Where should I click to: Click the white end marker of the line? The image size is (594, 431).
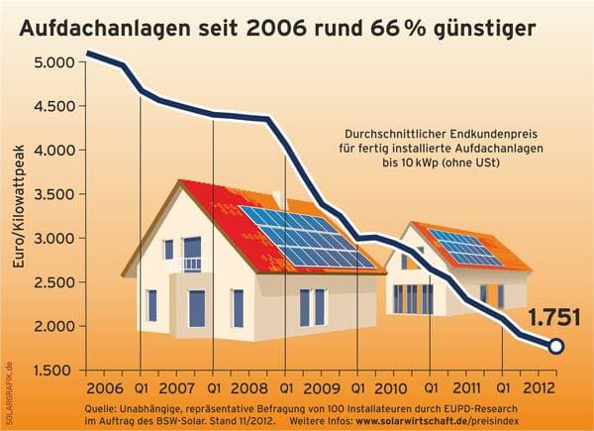pos(556,346)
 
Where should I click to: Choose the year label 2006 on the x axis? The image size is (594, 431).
pos(104,386)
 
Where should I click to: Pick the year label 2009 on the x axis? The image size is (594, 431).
pos(321,386)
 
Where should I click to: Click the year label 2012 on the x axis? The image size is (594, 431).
pos(538,386)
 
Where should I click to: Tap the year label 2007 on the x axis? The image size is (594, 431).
pos(176,386)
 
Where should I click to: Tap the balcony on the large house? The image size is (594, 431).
pos(191,265)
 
